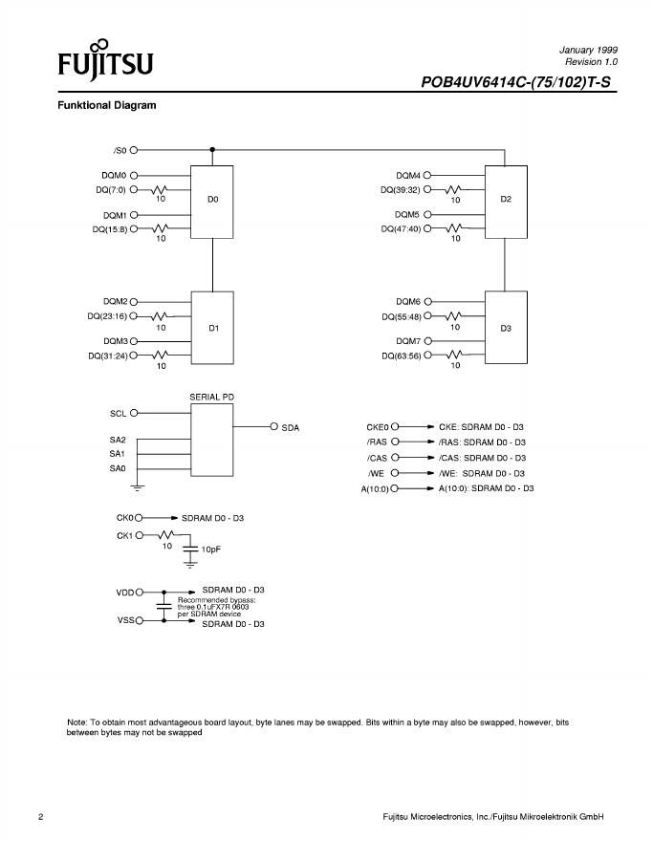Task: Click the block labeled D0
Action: click(212, 202)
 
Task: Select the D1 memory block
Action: click(213, 328)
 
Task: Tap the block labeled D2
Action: click(506, 201)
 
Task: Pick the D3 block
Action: click(506, 328)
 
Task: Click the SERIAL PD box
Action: click(211, 439)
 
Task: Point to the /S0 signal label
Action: click(120, 150)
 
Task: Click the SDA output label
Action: click(291, 427)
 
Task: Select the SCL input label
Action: click(118, 413)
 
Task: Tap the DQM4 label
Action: click(408, 175)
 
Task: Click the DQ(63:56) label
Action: click(401, 356)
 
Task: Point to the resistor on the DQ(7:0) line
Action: click(160, 189)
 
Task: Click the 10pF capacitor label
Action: click(212, 550)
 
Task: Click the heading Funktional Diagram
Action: click(107, 105)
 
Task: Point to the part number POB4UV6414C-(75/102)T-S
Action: click(515, 82)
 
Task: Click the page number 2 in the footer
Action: click(41, 817)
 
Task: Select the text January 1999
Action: click(588, 48)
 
